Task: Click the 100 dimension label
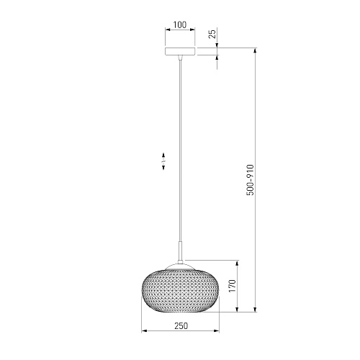point(180,24)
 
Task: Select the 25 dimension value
point(212,33)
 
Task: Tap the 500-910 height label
point(250,180)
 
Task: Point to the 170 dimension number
point(233,286)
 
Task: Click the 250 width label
point(181,326)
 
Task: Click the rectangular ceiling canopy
point(180,51)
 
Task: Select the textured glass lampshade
point(180,291)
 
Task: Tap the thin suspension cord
point(180,150)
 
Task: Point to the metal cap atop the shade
point(180,266)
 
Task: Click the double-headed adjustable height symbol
point(163,161)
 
